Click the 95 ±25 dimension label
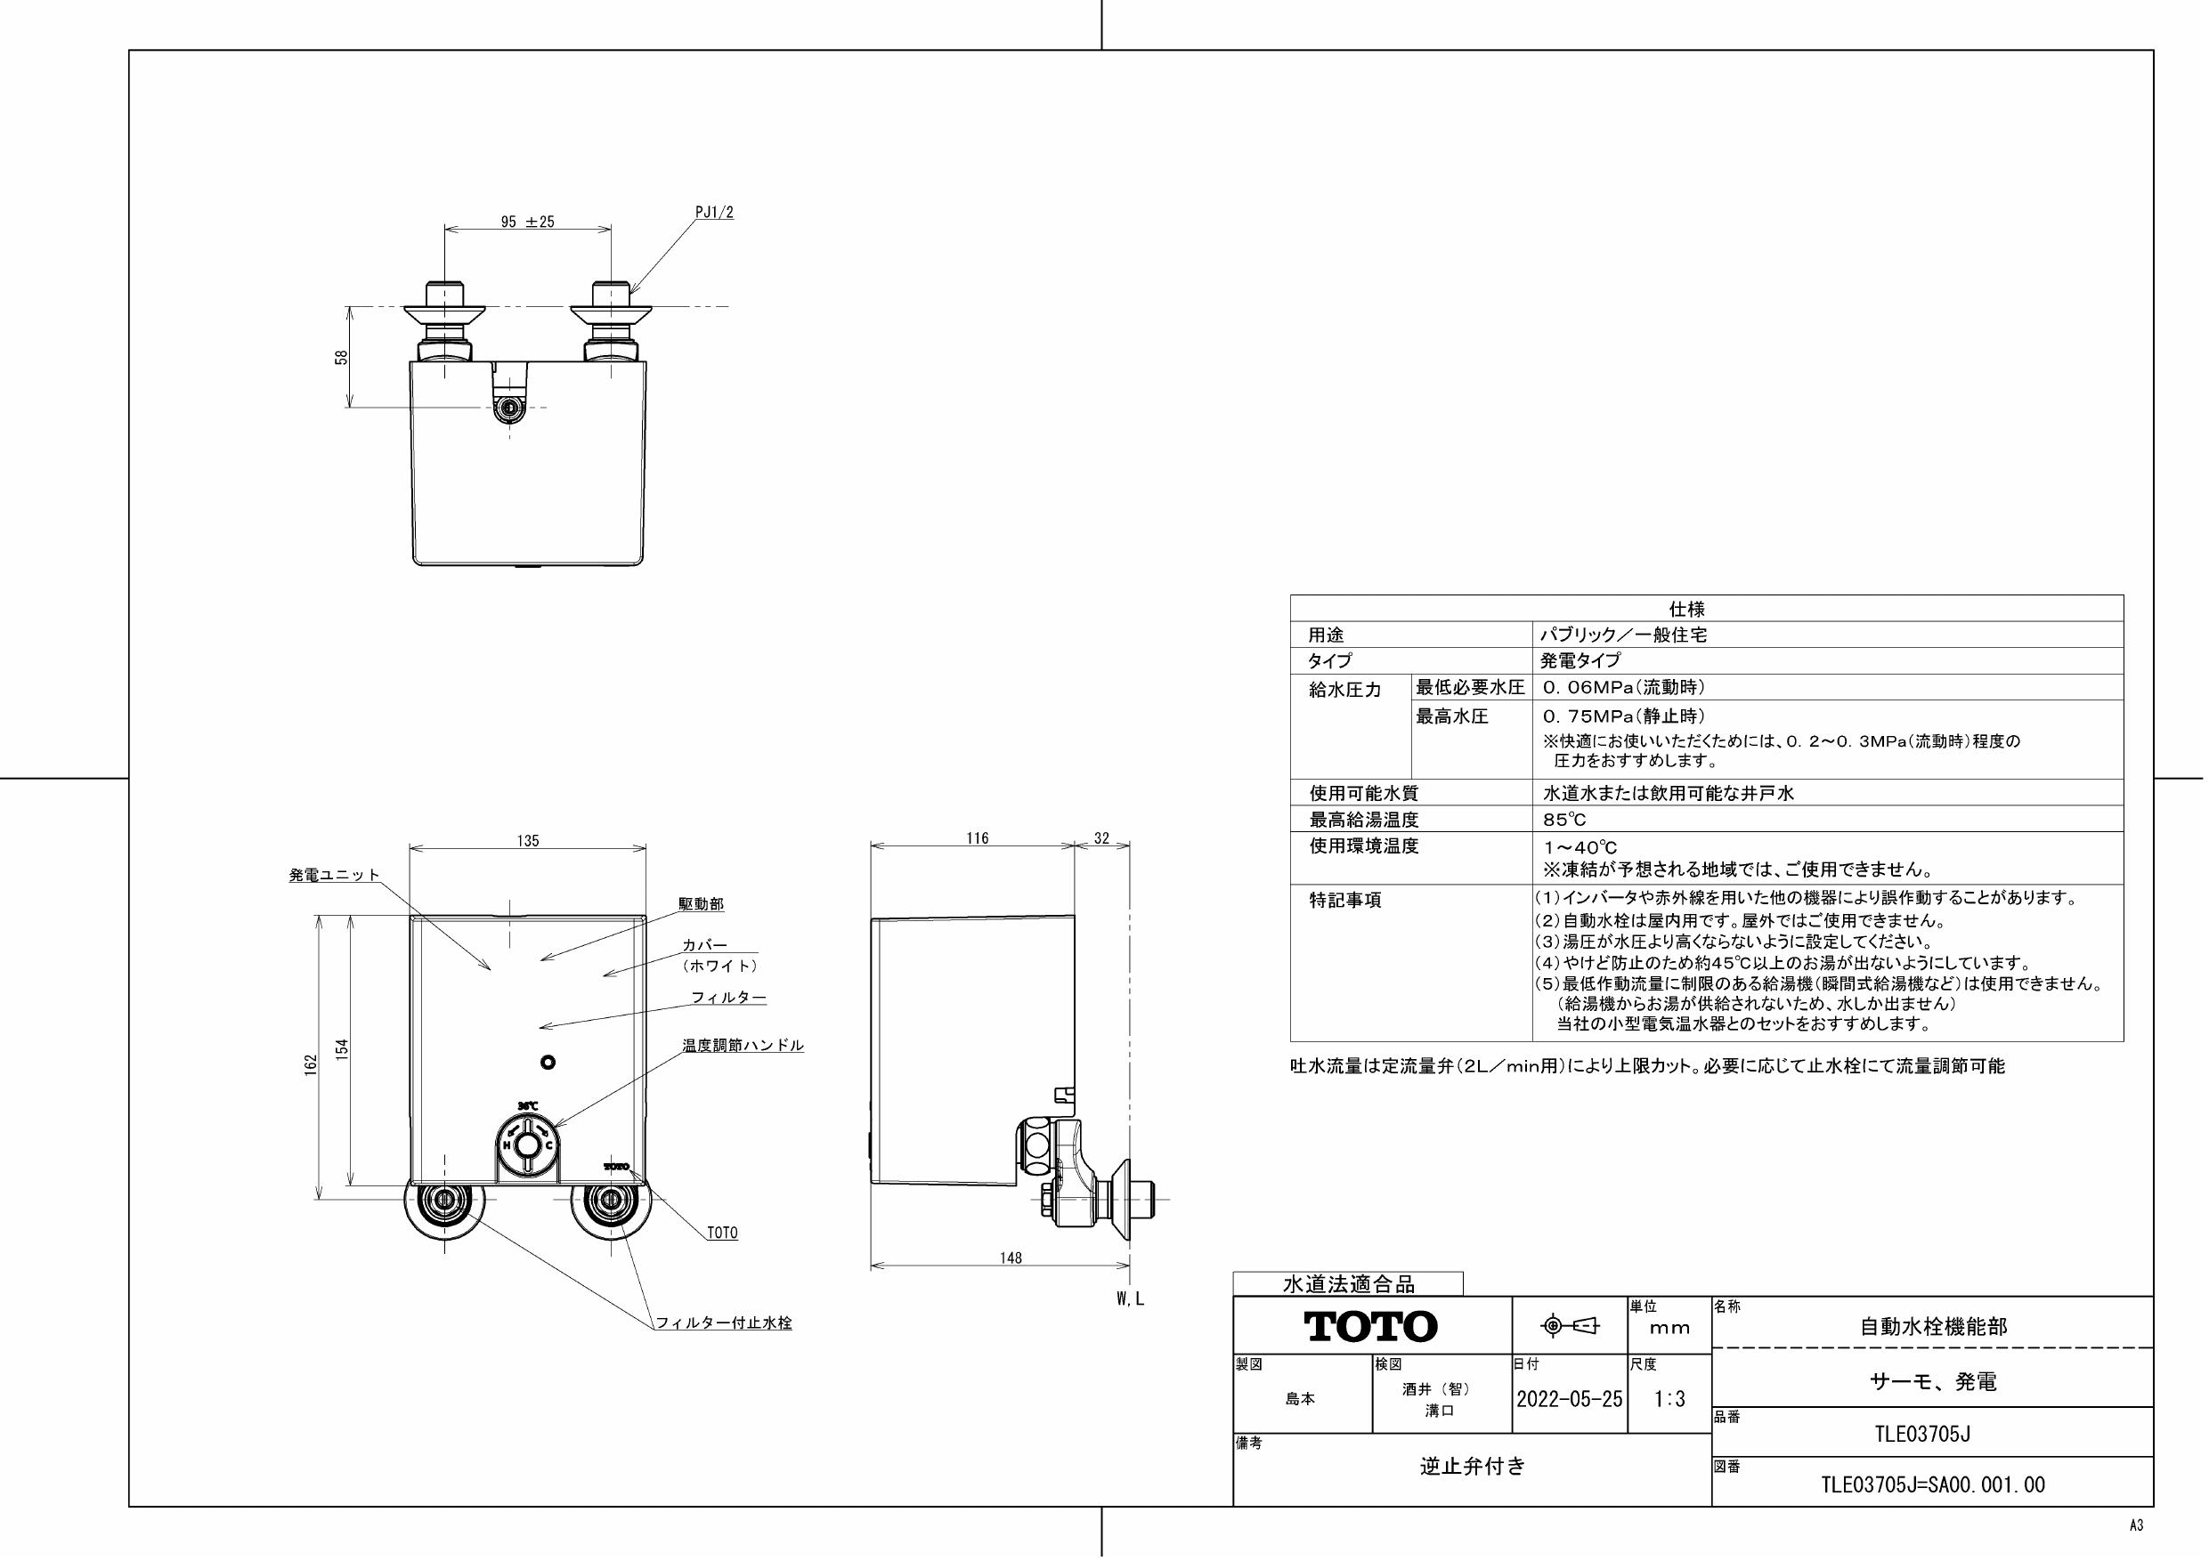[x=527, y=222]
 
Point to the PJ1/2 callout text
[x=714, y=213]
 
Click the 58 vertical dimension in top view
[x=341, y=357]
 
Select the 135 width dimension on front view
[x=527, y=841]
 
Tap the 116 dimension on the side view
[x=978, y=838]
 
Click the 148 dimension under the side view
[x=1011, y=1257]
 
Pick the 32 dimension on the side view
[x=1101, y=838]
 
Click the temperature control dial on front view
[x=526, y=1145]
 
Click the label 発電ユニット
[x=334, y=875]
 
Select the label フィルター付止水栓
[x=724, y=1322]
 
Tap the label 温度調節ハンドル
[x=743, y=1045]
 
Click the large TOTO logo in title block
[x=1371, y=1326]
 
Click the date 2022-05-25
[x=1569, y=1399]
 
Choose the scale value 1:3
[x=1669, y=1399]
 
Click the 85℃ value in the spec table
[x=1564, y=820]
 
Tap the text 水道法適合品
[x=1348, y=1284]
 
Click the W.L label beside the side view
[x=1130, y=1298]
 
